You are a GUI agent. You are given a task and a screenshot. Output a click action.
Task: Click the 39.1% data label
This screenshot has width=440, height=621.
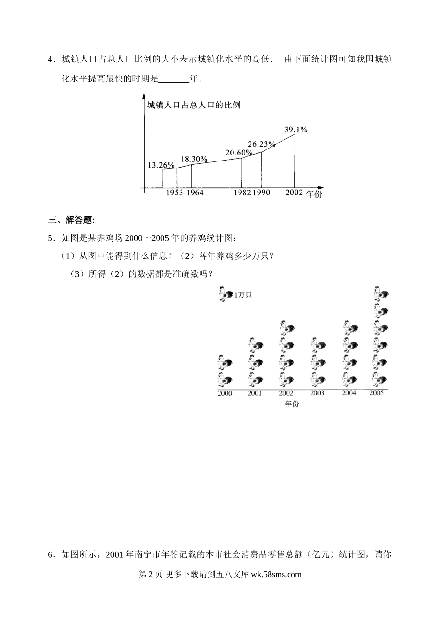point(296,130)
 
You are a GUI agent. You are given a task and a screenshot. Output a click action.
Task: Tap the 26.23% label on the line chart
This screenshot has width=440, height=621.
point(261,144)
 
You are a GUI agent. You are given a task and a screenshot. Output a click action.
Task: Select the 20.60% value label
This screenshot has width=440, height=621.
point(239,153)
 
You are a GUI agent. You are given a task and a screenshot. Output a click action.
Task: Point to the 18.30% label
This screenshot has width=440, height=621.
point(194,159)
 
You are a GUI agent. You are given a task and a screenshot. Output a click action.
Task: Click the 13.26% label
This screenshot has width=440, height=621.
point(161,165)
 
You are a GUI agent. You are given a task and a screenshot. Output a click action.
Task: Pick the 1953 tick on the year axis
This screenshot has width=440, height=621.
point(175,193)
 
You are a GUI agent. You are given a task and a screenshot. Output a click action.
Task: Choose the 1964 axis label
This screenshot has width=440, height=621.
point(195,193)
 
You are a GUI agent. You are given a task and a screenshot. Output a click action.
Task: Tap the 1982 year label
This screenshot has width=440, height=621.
point(242,193)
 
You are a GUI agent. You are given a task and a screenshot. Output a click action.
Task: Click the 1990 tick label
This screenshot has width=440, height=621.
point(261,193)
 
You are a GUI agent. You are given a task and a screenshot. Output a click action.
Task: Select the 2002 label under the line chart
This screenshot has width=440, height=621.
point(294,192)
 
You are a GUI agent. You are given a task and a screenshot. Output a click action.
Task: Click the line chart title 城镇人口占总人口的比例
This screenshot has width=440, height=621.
point(194,106)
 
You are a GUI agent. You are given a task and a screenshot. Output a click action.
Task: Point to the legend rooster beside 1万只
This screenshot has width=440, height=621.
point(226,294)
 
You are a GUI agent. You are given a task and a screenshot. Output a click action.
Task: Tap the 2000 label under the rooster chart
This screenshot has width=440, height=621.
point(225,393)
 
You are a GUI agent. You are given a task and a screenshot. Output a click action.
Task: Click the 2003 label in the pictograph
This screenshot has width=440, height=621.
point(317,393)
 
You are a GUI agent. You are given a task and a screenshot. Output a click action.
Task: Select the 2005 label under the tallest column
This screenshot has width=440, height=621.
point(377,393)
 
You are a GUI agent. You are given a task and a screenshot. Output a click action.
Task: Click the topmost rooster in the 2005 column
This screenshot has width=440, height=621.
point(381,294)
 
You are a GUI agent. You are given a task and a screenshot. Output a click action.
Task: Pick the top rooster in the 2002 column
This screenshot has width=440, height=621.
point(287,328)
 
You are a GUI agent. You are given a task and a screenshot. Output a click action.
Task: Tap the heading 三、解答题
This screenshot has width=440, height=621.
point(71,220)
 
